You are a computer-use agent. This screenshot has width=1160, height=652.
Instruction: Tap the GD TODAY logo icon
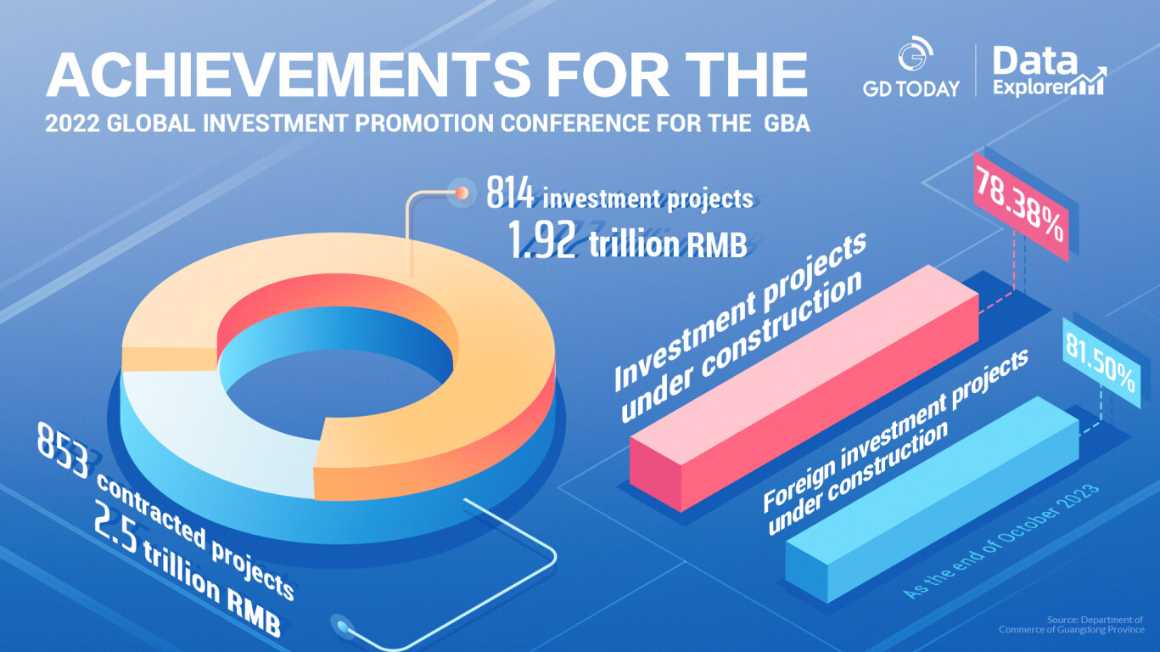[x=915, y=53]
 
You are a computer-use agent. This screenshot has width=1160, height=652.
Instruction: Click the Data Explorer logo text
[x=1049, y=71]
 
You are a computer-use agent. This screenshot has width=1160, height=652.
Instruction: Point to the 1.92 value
[x=541, y=240]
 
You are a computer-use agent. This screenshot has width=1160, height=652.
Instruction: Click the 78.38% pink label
[x=1021, y=207]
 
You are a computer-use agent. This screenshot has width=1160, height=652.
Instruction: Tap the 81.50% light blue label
[x=1101, y=363]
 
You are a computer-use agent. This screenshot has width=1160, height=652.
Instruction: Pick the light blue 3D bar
[x=932, y=499]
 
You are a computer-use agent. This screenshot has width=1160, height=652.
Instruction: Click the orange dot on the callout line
[x=462, y=193]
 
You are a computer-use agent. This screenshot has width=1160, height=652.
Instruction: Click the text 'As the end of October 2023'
[x=1001, y=542]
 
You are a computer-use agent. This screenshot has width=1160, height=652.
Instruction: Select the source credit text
[x=1072, y=625]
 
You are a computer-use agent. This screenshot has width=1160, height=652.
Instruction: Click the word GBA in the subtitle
[x=787, y=123]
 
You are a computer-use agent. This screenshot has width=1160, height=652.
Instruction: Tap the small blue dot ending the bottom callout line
[x=341, y=626]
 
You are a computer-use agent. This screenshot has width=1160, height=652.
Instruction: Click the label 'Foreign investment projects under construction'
[x=896, y=442]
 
